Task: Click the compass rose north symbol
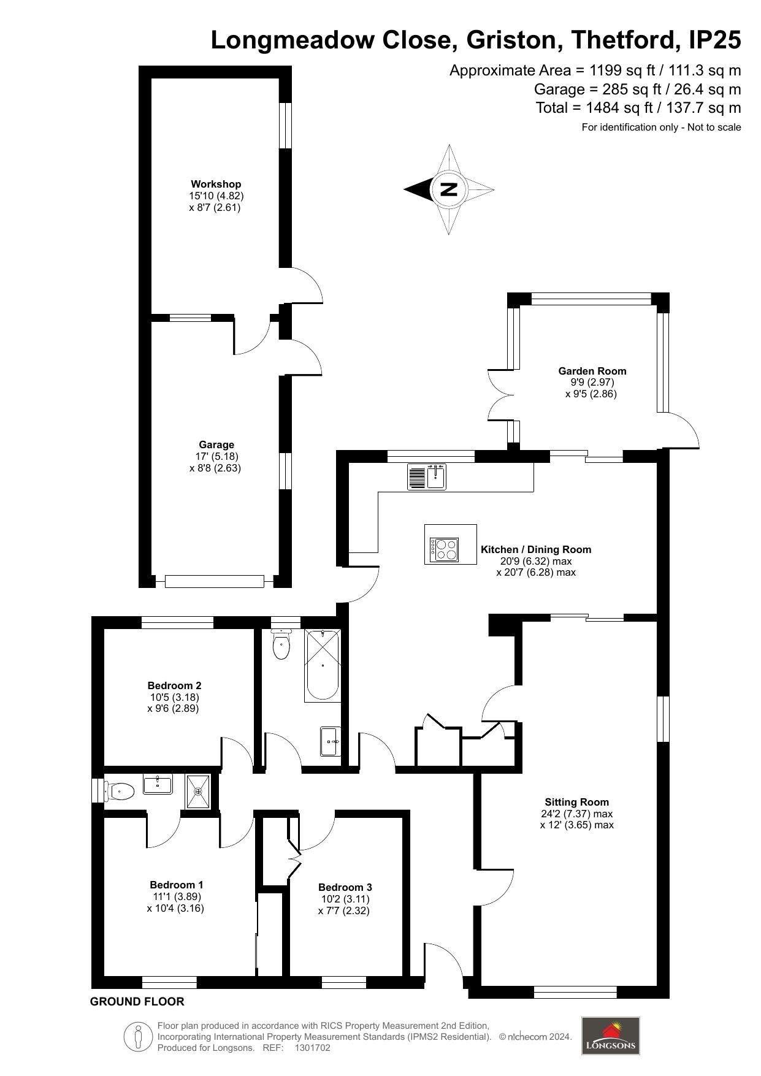click(449, 189)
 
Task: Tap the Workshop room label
click(216, 184)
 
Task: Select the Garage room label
click(216, 445)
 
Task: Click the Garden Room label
click(592, 371)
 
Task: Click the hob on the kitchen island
click(444, 549)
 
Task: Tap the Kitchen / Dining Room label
click(536, 549)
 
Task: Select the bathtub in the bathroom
click(323, 665)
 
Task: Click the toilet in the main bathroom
click(281, 644)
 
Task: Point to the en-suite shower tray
click(198, 792)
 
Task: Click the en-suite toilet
click(119, 792)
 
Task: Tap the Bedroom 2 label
click(174, 685)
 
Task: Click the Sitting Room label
click(577, 802)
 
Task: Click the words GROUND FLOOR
click(137, 1001)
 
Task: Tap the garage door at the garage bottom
click(215, 581)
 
